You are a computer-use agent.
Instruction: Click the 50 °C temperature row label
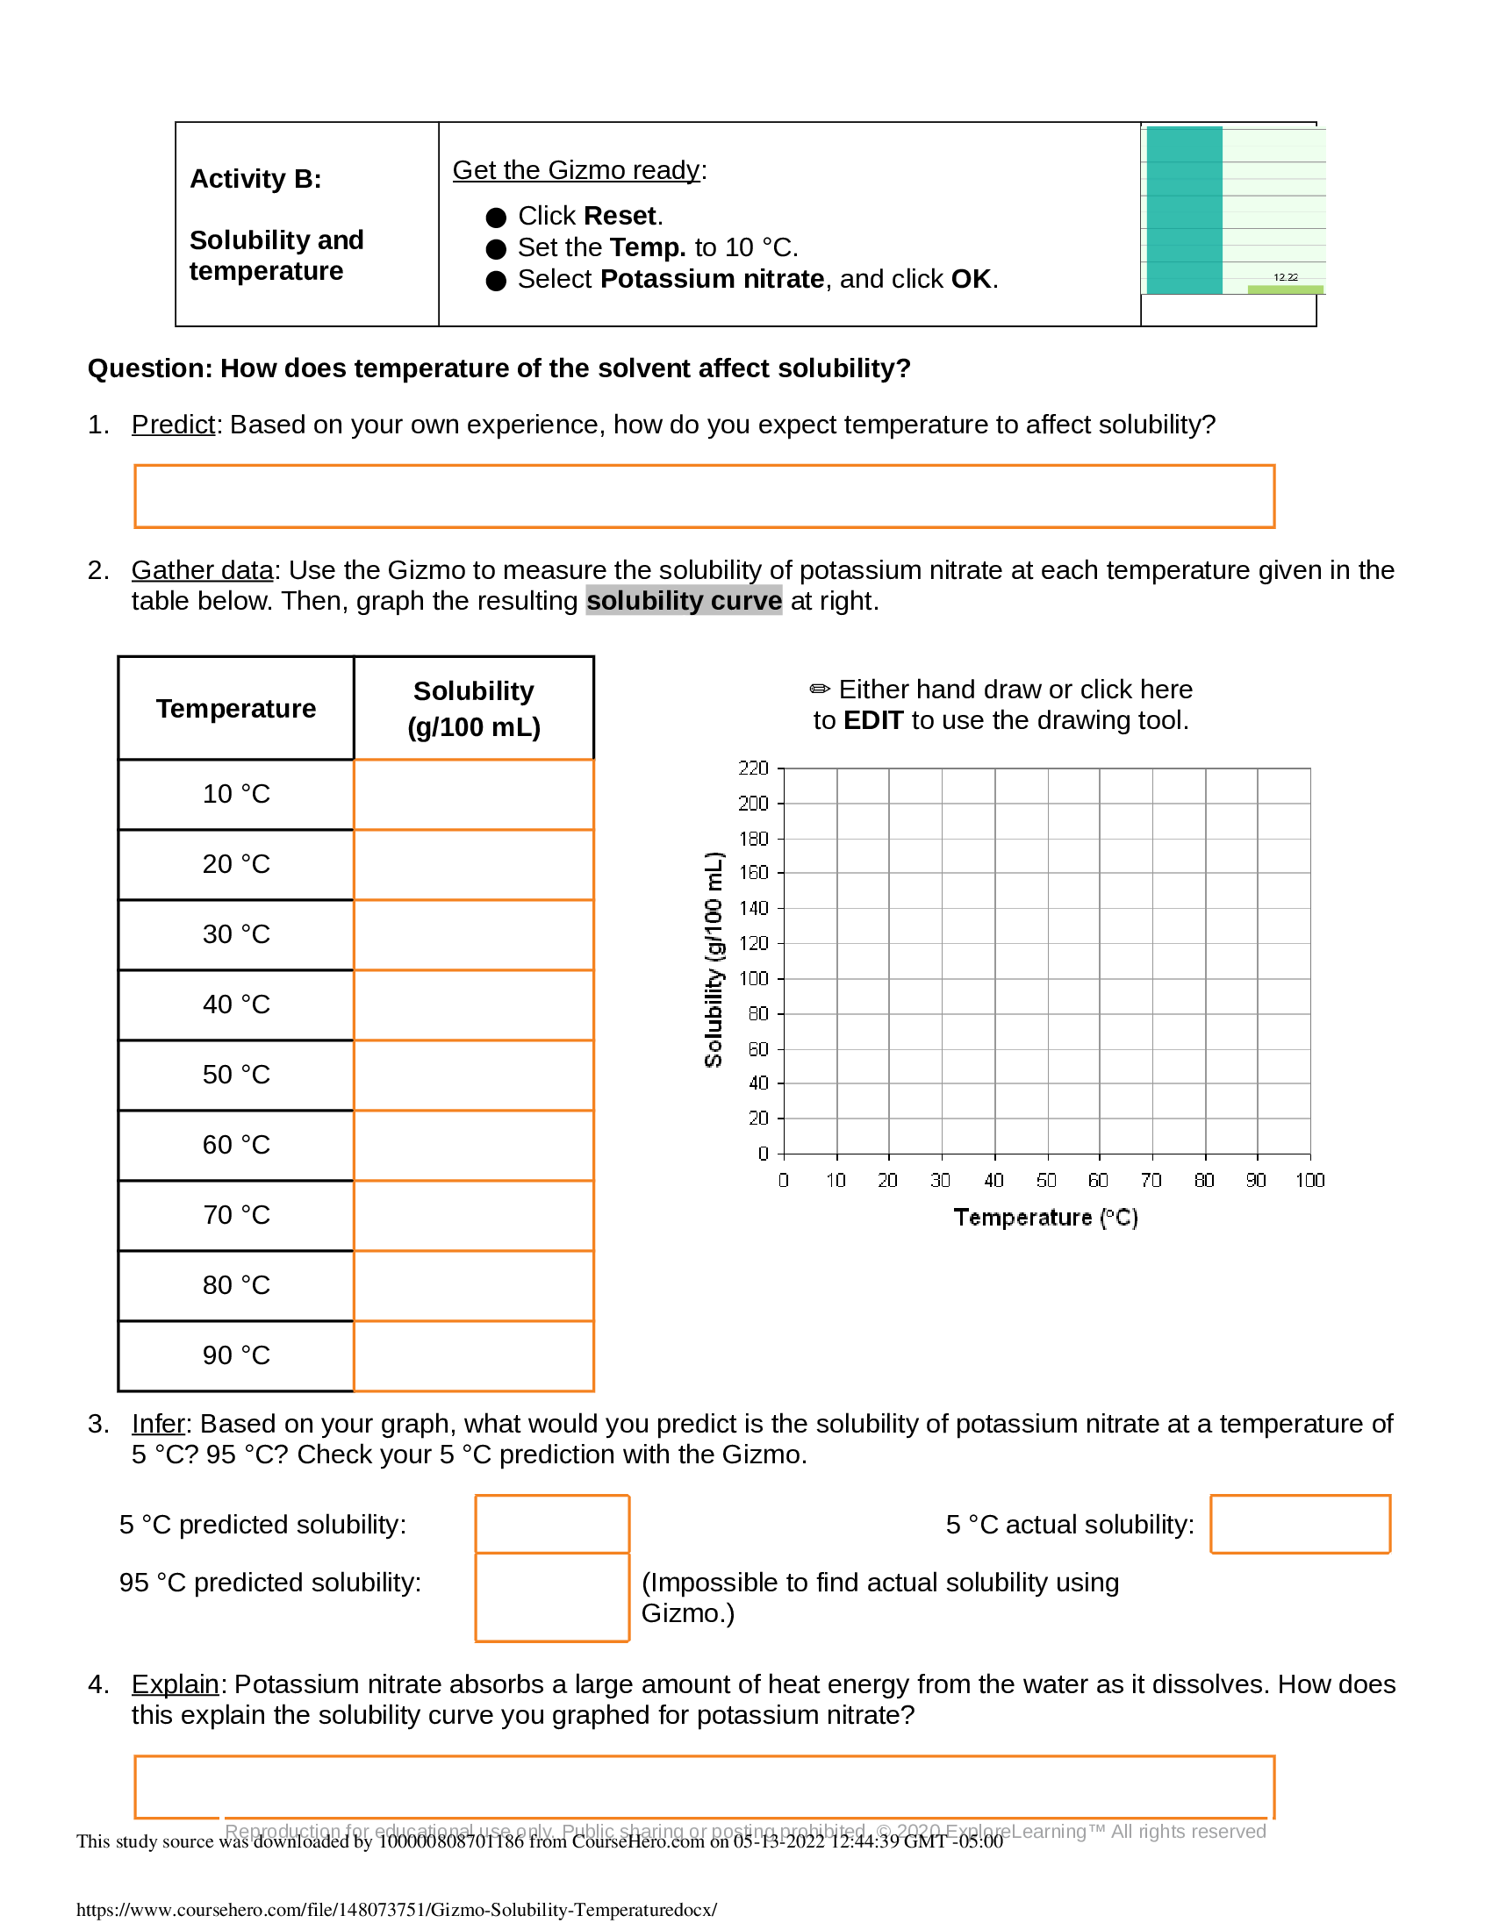[236, 1075]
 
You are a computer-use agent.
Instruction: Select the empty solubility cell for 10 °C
[473, 795]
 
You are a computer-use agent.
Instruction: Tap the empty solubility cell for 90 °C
[473, 1355]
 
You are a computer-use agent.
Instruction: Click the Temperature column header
[236, 709]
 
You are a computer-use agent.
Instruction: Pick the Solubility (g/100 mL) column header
[474, 709]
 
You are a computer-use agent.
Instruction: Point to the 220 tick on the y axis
[753, 768]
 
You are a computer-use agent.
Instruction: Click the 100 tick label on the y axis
[753, 979]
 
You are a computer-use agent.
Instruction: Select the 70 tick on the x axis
[1151, 1181]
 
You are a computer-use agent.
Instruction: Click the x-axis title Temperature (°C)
[1045, 1218]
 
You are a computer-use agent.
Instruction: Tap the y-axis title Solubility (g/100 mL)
[714, 960]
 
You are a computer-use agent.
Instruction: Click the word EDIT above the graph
[872, 720]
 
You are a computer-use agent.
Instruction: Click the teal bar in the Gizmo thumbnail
[1184, 211]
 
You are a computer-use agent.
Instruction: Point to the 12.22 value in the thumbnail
[1285, 277]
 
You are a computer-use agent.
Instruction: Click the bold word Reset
[619, 216]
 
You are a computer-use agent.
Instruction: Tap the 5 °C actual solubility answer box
[1299, 1525]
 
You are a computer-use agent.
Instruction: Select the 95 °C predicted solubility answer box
[551, 1598]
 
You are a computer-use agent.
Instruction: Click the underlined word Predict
[173, 425]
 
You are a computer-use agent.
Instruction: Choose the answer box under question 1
[704, 497]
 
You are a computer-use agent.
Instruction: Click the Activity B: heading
[255, 178]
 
